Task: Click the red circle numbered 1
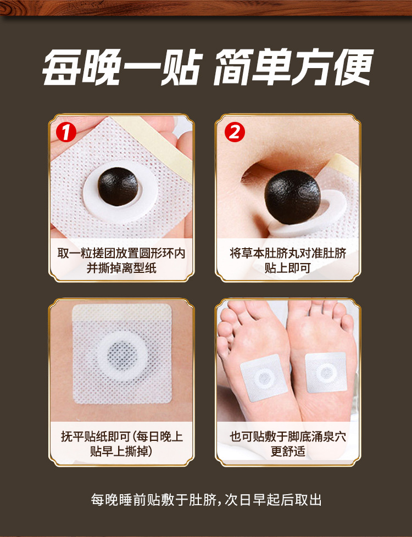(x=66, y=132)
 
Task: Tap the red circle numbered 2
(x=235, y=132)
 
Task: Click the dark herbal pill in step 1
(x=118, y=187)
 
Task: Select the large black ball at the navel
(x=292, y=198)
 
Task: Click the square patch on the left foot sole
(x=264, y=378)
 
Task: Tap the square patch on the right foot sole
(x=326, y=372)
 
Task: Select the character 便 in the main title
(x=353, y=67)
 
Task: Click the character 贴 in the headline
(x=180, y=67)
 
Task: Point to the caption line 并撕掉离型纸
(x=121, y=267)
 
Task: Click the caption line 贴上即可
(x=288, y=267)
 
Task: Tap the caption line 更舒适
(x=288, y=451)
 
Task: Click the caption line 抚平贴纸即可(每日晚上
(x=122, y=437)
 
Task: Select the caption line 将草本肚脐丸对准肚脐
(x=288, y=253)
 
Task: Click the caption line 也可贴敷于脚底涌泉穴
(x=288, y=437)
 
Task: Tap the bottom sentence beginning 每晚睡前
(x=206, y=500)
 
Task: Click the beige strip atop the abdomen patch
(x=122, y=312)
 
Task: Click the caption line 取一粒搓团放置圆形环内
(x=121, y=253)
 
